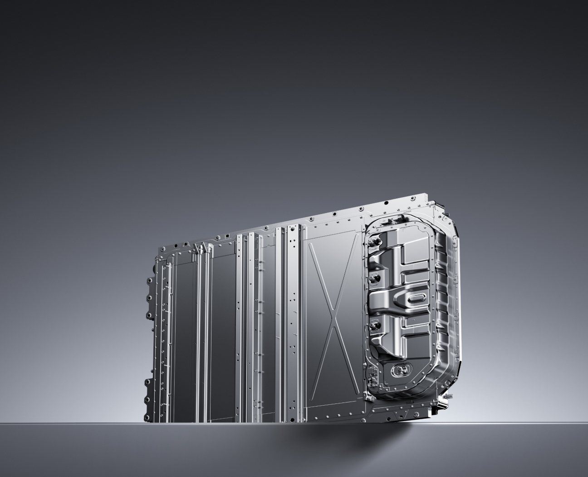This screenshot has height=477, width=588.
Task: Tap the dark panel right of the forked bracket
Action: click(x=222, y=327)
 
